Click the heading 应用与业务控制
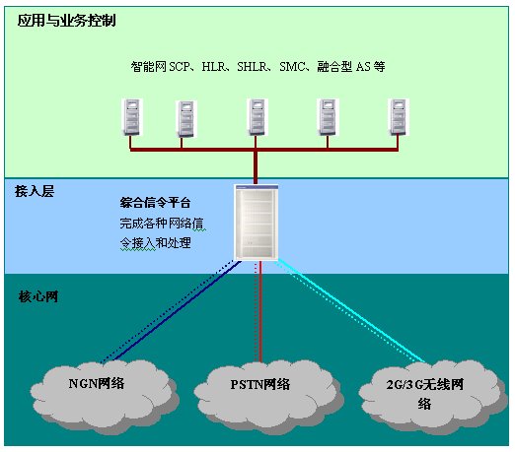tap(66, 21)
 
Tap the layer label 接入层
tap(35, 191)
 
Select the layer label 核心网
tap(38, 296)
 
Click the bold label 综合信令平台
tap(155, 203)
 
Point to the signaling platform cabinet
tap(257, 223)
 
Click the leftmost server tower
tap(132, 117)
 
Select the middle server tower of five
tap(257, 117)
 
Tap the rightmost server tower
tap(399, 117)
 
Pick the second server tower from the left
tap(186, 119)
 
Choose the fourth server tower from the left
tap(328, 117)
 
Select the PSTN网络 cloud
tap(268, 396)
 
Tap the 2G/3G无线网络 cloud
tap(432, 396)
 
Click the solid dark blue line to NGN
tap(177, 310)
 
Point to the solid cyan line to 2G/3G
tap(352, 311)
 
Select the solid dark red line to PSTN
tap(260, 311)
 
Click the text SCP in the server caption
tap(180, 67)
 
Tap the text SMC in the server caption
tap(292, 67)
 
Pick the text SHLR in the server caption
tap(253, 67)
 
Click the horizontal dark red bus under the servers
tap(264, 150)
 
